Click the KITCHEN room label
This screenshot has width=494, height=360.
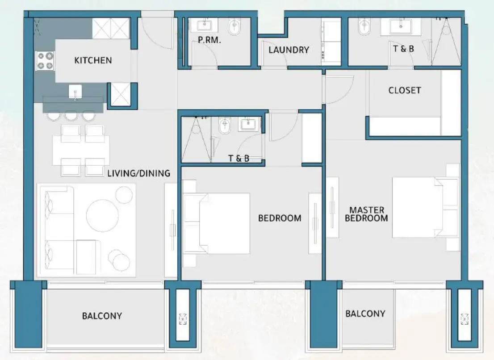(x=93, y=60)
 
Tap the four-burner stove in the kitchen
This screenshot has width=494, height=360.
(x=45, y=61)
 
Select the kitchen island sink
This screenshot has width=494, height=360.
(x=75, y=93)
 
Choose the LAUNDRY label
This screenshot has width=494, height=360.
(x=289, y=50)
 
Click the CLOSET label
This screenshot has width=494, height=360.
(x=404, y=90)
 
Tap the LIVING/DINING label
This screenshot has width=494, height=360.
(x=138, y=173)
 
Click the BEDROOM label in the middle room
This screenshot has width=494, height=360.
(x=280, y=218)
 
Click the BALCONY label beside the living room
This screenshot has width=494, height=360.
(x=102, y=316)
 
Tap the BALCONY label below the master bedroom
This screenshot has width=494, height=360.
(x=365, y=314)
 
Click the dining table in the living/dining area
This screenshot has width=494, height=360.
(x=81, y=150)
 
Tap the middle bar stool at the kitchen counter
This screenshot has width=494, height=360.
(x=71, y=115)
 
